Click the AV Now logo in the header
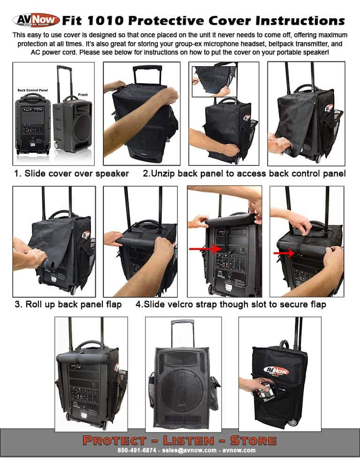(x=36, y=20)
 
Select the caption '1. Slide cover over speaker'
(x=71, y=174)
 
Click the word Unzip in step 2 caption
(x=165, y=174)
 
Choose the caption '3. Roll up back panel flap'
(x=68, y=304)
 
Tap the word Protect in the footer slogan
(x=115, y=440)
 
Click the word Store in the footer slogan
(x=253, y=440)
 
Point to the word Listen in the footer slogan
(x=186, y=440)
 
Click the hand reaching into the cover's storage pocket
(x=253, y=385)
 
